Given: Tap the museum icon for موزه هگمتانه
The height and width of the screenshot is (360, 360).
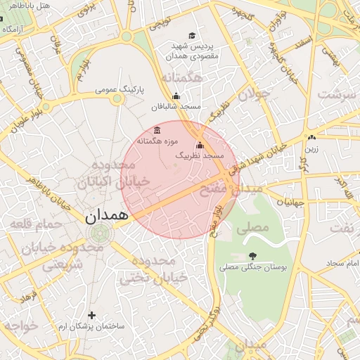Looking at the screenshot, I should point(156,131).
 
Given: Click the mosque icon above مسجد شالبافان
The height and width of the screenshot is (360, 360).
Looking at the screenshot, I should point(176,97).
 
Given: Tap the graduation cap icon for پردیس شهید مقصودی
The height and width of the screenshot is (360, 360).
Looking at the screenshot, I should point(192,36).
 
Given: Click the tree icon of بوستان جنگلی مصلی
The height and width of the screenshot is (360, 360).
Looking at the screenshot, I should point(252,256).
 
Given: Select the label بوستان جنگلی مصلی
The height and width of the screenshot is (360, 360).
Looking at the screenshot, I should point(248,267).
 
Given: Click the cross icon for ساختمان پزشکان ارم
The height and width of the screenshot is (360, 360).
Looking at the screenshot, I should point(91,316).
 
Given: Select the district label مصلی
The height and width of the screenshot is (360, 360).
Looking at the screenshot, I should point(253,228).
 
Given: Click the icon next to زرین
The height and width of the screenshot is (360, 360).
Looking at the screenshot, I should point(311,138).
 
